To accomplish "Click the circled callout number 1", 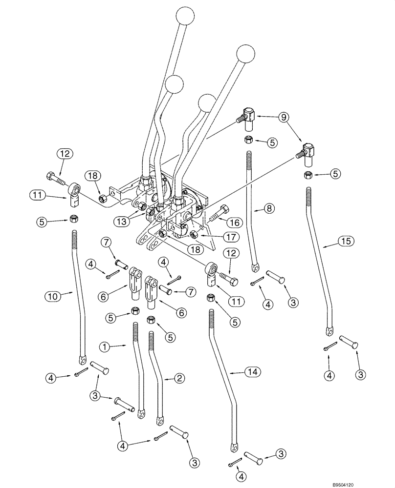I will pos(104,347).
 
